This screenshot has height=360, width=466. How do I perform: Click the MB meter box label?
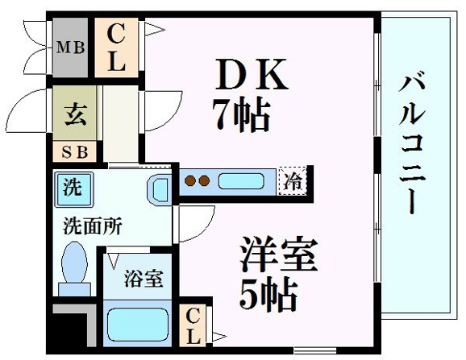coord(70,48)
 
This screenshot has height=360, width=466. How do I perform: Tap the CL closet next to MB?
coord(116,48)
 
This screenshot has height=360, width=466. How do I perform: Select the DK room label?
coord(252,74)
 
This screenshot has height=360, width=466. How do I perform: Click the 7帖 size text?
coord(241,114)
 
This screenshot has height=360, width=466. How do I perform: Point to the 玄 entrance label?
coord(76,115)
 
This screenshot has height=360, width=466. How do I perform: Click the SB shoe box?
coord(75,152)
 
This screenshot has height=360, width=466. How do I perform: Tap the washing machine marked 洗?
coord(73,189)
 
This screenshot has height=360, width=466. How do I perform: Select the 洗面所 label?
coord(93,227)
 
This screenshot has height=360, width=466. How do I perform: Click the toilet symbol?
coord(74,268)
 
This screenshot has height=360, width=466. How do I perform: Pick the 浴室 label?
coord(144,279)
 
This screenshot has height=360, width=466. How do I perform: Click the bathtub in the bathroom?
coord(137,325)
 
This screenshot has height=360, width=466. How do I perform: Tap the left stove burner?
coord(190,180)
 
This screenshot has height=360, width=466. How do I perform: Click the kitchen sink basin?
coord(241,181)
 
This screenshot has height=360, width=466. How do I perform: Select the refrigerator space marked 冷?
coord(293,181)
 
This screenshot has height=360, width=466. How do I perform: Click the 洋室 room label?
coord(278,254)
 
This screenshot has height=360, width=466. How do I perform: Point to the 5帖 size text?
coord(268,295)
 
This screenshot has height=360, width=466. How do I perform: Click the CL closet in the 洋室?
coord(193,325)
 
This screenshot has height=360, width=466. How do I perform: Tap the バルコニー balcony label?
coord(412,143)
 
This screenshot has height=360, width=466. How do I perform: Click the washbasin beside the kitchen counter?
coord(160,189)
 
